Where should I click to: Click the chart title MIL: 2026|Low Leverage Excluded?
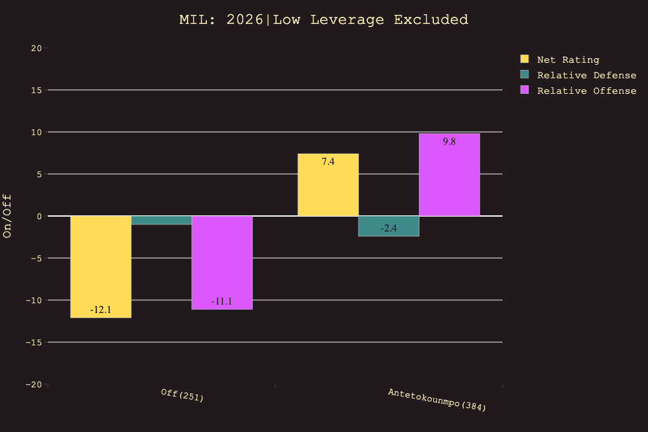coord(323,20)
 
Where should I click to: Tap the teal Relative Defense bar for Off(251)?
coord(162,221)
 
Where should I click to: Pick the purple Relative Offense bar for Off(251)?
coord(222,262)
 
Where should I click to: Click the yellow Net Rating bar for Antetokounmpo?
coord(328,185)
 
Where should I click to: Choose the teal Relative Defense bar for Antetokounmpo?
coord(389,226)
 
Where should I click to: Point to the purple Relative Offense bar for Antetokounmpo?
coord(449,175)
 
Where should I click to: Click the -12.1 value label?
coord(101,310)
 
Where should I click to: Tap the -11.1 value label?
coord(222,301)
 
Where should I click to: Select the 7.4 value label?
coord(328,162)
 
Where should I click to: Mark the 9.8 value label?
coord(449,142)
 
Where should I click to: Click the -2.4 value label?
coord(389,228)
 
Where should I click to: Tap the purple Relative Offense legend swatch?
coord(524,91)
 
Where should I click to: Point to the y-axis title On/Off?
coord(8,216)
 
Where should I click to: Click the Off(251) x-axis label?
coord(182,394)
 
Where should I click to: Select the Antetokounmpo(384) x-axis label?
coord(437,400)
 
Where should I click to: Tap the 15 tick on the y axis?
coord(36,90)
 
